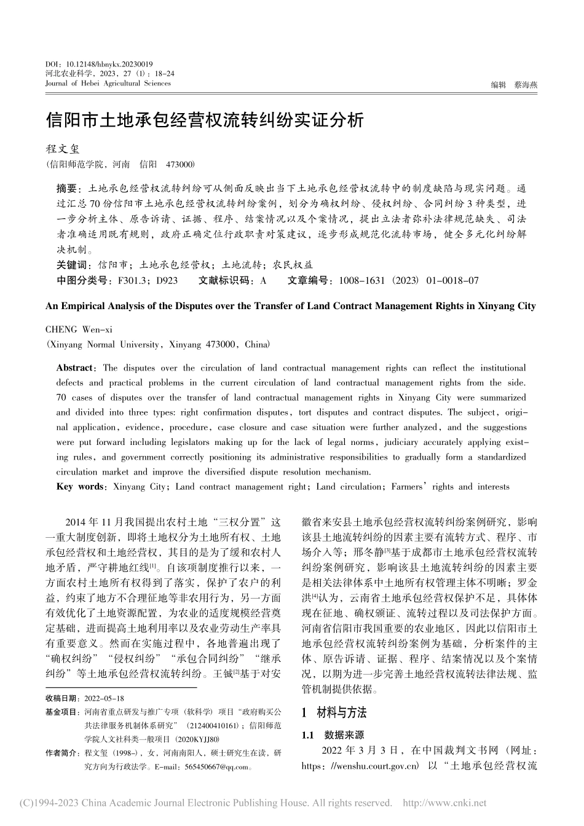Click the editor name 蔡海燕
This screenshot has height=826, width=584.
tap(525, 85)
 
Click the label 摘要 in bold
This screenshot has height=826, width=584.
tap(66, 188)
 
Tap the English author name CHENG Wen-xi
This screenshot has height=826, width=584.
tap(79, 330)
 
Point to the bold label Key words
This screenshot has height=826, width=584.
tap(80, 487)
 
